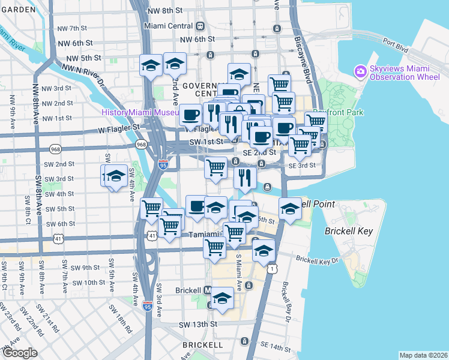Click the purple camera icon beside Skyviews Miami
360,71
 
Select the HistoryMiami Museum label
140,112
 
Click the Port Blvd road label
396,43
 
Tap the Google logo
20,353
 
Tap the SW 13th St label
197,325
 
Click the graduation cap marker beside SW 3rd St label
115,177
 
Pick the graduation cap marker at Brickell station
222,299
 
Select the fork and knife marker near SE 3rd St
245,178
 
